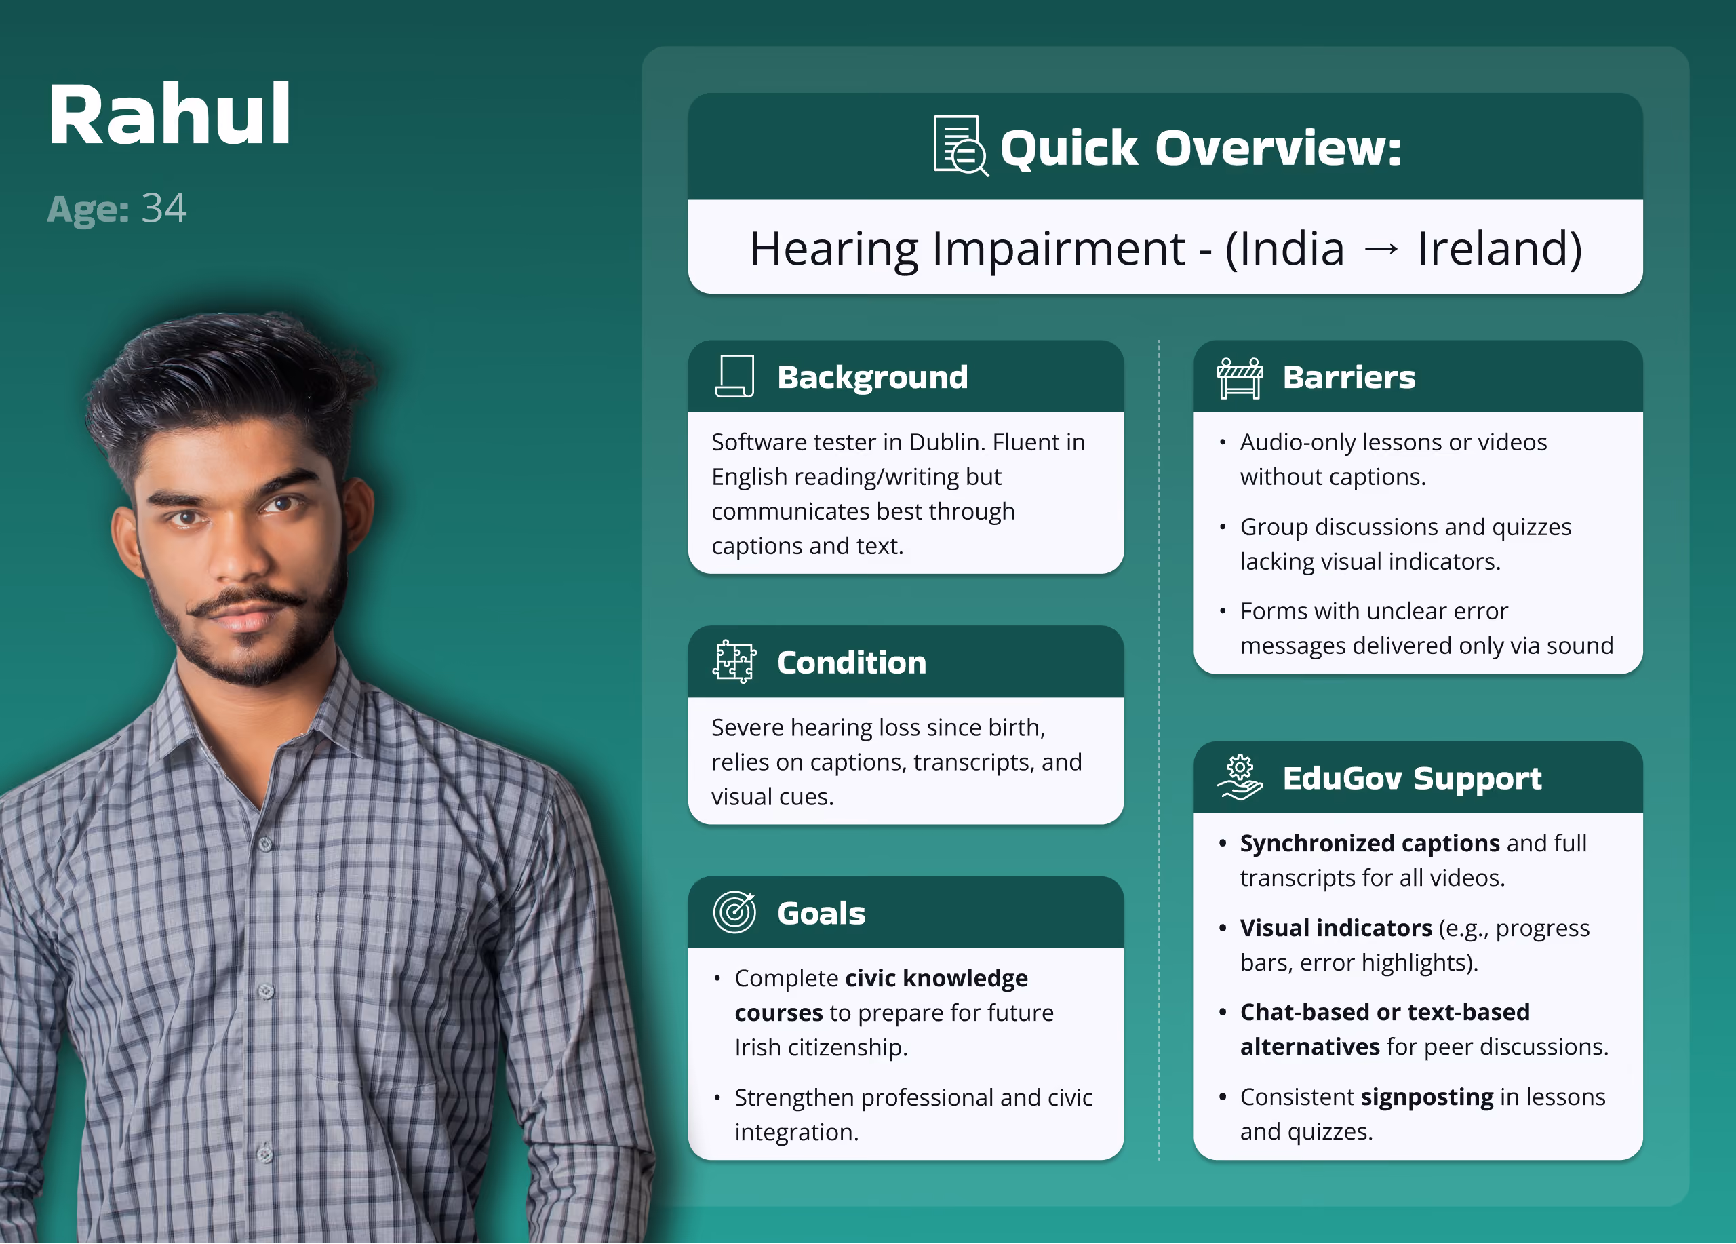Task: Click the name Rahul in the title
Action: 169,114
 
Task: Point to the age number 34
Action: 164,208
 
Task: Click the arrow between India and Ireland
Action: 1381,249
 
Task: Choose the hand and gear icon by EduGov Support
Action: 1240,777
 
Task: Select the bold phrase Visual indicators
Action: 1336,928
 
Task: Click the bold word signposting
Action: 1427,1097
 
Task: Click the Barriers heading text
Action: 1349,377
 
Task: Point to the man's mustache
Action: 248,601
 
